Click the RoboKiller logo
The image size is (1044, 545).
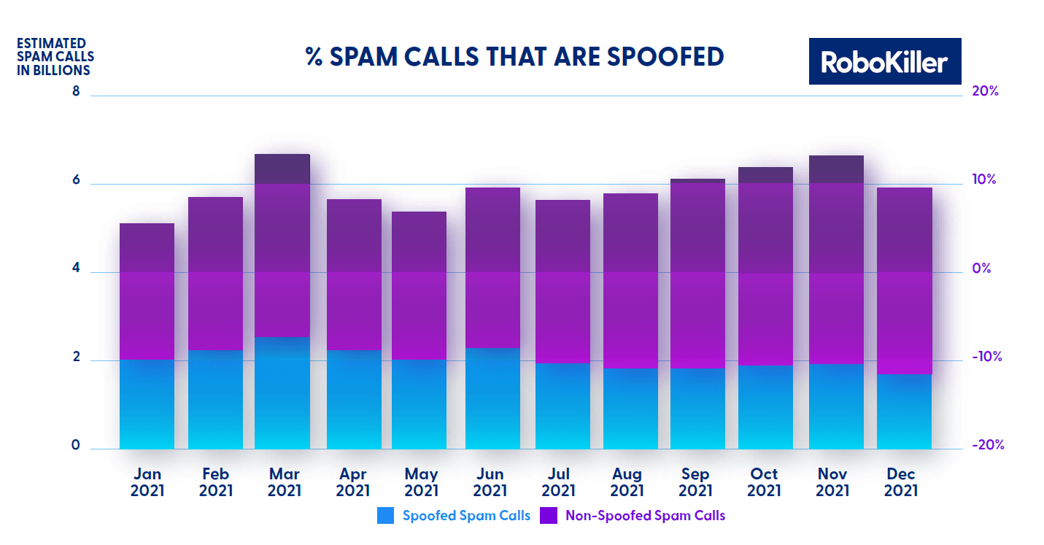pos(884,61)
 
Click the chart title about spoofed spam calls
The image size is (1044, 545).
pos(515,57)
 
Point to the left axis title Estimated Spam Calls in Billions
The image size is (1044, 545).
pos(55,57)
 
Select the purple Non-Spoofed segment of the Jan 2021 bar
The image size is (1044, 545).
pos(147,291)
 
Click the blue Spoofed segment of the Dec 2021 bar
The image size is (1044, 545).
pos(904,411)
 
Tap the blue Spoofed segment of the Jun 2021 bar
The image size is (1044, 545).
pos(492,398)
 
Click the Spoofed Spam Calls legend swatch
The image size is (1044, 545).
pos(385,516)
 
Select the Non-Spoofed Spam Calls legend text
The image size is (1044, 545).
pos(645,516)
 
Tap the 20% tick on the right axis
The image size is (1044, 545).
pos(984,92)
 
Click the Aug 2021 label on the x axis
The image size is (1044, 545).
pos(627,483)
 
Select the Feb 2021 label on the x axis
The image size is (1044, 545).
pos(215,483)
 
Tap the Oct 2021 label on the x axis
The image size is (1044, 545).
pos(764,483)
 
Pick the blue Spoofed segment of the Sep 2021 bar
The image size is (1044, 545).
pos(697,409)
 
